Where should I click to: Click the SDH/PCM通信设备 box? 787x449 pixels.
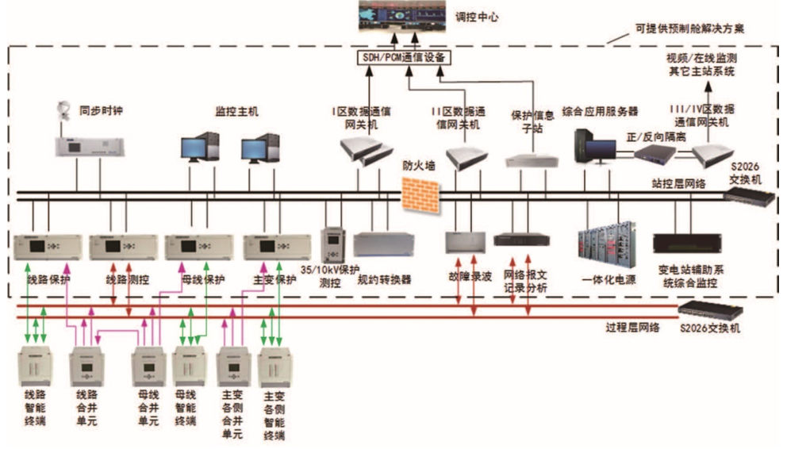click(404, 58)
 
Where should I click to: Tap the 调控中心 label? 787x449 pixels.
click(477, 17)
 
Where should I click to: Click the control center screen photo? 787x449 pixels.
click(402, 16)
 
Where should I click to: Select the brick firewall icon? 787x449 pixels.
click(420, 196)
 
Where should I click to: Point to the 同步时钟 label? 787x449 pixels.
click(101, 110)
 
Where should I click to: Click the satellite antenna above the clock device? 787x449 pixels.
click(64, 110)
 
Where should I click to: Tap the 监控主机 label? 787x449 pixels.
click(237, 111)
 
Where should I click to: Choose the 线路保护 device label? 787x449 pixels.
click(48, 280)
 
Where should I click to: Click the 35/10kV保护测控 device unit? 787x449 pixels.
click(332, 244)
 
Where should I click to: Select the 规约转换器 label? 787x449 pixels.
click(385, 279)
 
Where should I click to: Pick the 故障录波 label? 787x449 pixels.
click(470, 276)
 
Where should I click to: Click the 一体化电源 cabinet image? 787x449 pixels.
click(608, 245)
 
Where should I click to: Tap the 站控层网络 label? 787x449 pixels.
click(678, 183)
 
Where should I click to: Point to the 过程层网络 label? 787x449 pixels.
click(632, 328)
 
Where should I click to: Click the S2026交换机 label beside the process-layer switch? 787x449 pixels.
click(710, 328)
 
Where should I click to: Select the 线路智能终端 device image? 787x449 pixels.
click(35, 366)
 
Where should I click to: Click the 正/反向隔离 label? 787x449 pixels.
click(656, 136)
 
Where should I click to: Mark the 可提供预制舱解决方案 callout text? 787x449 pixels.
click(689, 29)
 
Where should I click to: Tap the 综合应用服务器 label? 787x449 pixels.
click(600, 111)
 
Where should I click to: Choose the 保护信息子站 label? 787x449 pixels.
click(532, 122)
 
